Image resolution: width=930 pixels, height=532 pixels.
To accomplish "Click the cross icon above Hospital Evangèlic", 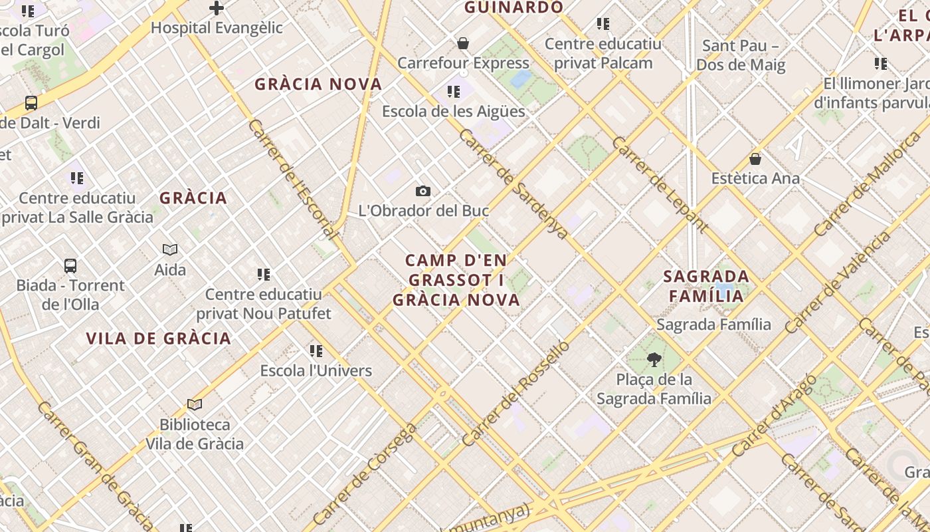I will click(217, 9).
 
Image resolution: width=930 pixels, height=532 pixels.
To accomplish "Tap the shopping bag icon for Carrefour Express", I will click(463, 44).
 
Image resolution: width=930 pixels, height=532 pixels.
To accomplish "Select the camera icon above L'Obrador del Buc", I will click(423, 192).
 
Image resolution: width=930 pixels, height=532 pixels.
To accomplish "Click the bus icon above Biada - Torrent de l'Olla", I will click(70, 266).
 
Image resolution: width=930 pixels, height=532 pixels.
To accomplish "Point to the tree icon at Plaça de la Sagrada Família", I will click(654, 360).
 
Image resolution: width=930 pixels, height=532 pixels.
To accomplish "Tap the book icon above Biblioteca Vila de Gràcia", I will click(195, 404).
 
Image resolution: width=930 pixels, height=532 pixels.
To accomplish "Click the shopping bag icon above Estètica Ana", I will click(755, 159).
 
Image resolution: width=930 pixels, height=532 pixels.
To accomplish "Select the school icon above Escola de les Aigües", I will click(454, 92).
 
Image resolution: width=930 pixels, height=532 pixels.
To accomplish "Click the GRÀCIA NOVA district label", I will click(319, 84).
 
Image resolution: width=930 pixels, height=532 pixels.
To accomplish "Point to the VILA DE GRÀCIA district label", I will click(159, 338).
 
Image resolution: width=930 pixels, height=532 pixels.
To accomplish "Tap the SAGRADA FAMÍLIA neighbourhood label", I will click(706, 286).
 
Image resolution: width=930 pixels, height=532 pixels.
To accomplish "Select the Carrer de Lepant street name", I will click(660, 185).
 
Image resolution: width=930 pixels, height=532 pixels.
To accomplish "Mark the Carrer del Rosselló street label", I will click(516, 394).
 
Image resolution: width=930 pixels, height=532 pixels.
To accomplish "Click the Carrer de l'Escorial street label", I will click(293, 180).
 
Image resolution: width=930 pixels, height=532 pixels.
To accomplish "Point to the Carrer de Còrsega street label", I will click(365, 473).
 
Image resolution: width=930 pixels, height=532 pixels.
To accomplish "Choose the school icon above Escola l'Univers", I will click(316, 350).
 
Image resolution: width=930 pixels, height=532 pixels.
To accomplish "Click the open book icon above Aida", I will click(170, 249).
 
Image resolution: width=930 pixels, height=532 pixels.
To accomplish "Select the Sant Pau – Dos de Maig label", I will click(741, 55).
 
